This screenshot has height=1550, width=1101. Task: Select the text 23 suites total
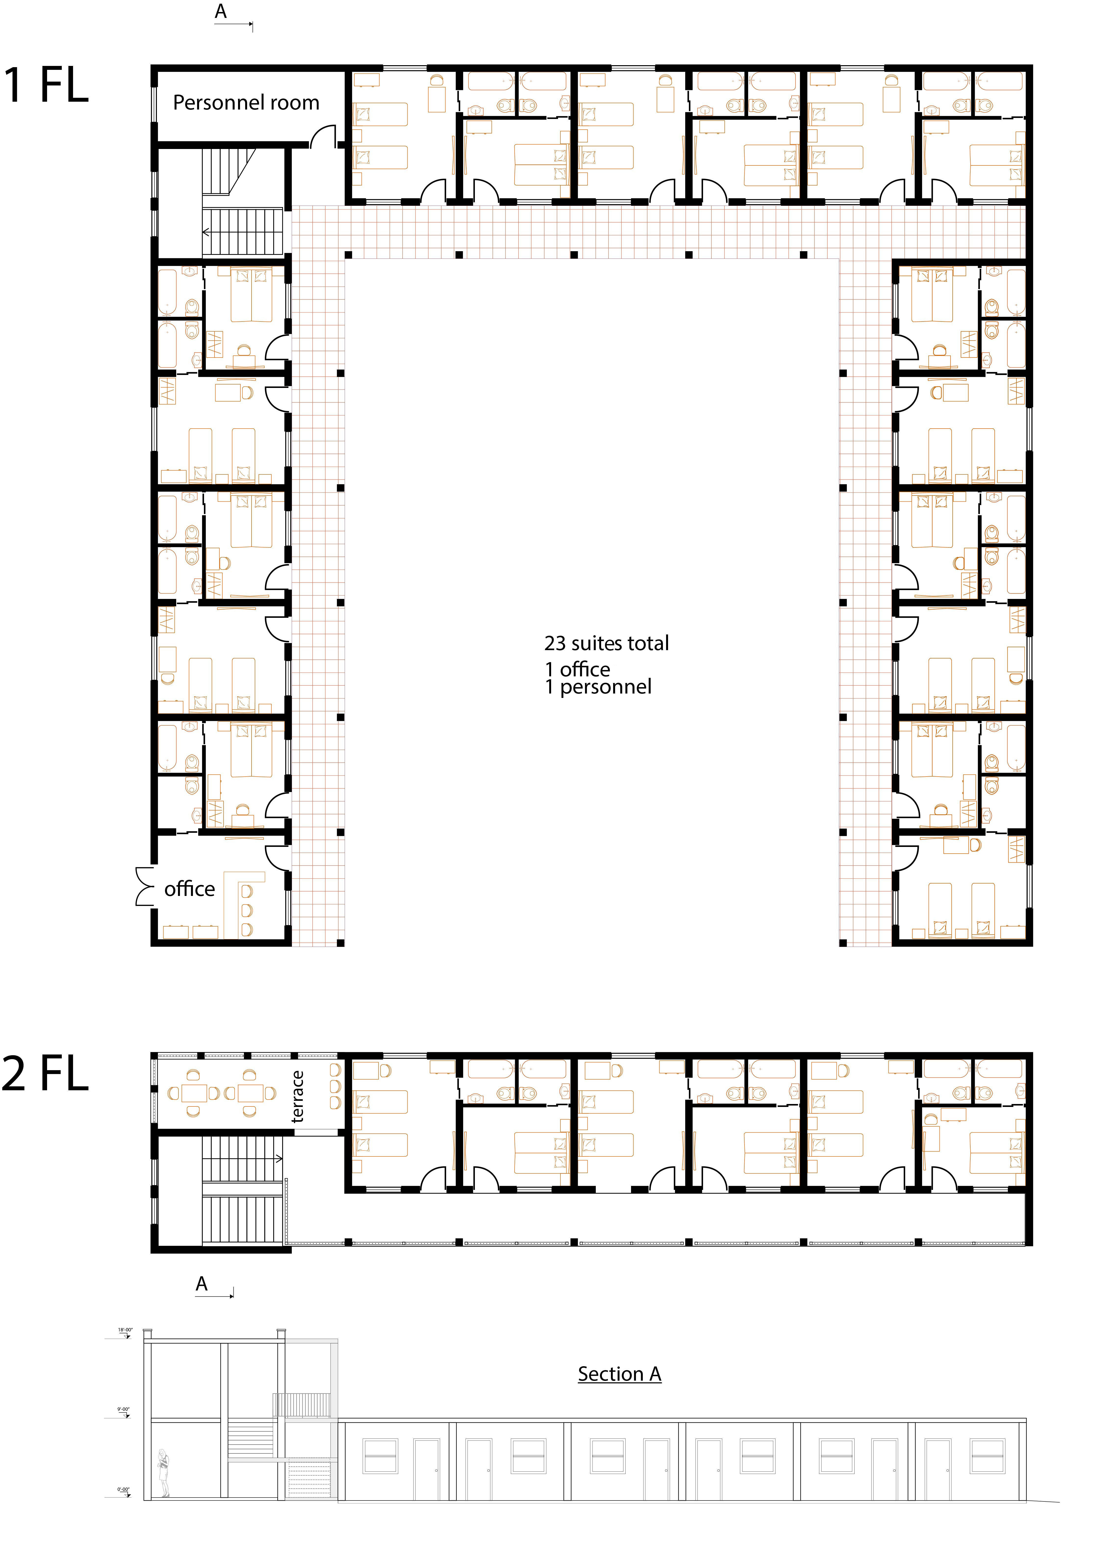pos(606,643)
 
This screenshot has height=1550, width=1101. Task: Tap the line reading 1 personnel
pos(598,687)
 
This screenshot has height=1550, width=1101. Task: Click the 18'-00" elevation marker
pos(126,1330)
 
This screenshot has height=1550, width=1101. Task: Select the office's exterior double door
pos(144,886)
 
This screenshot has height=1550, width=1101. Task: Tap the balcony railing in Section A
pos(302,1404)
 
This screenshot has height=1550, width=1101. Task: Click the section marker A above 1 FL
pos(221,12)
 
